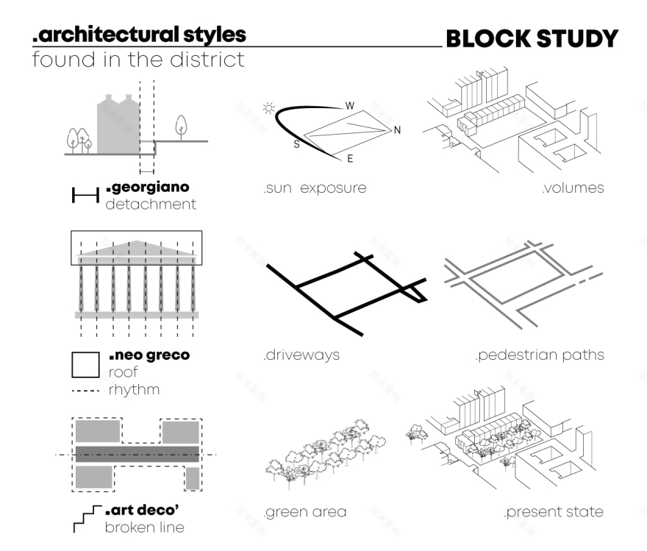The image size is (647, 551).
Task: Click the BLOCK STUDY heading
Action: click(x=532, y=39)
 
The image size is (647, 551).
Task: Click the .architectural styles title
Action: click(x=140, y=34)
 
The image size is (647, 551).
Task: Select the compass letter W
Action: click(x=350, y=106)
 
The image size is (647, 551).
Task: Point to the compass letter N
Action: click(x=397, y=131)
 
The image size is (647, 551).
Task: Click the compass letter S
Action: click(x=296, y=144)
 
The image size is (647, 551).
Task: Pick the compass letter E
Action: click(x=350, y=158)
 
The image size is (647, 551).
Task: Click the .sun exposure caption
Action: click(x=315, y=188)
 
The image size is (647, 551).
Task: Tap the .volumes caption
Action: click(x=573, y=188)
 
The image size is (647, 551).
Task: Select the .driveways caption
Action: click(x=301, y=355)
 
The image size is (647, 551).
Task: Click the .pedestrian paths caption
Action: click(x=540, y=355)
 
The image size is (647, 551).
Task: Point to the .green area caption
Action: click(x=304, y=511)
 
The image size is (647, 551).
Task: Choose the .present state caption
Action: click(x=554, y=511)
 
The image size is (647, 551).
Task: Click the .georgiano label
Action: click(x=148, y=188)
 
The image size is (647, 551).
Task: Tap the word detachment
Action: click(x=151, y=204)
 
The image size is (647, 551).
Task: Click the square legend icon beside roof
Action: click(x=85, y=365)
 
